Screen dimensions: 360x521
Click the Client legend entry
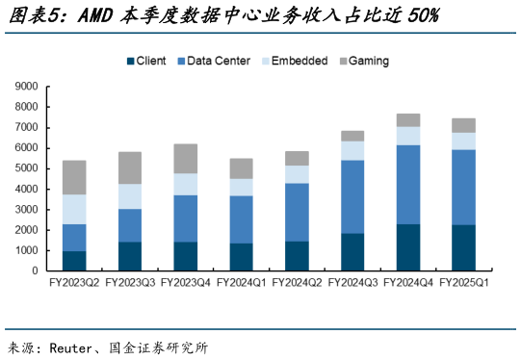pos(145,61)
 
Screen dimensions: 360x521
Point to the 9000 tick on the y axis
pos(25,87)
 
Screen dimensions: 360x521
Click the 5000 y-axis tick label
pos(25,168)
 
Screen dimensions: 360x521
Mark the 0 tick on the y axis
pos(34,271)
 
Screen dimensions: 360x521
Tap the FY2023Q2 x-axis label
pos(74,283)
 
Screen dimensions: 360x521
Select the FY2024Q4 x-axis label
pos(409,283)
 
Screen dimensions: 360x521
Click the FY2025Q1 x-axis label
pos(465,283)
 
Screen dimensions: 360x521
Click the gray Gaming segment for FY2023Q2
pos(74,177)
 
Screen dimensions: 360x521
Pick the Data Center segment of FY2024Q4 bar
pos(409,184)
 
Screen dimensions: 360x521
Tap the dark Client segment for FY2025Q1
pos(465,247)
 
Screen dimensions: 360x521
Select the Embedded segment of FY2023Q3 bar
pos(130,196)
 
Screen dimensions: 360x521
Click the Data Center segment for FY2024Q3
pos(353,196)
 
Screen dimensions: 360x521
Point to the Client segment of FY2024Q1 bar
pos(242,257)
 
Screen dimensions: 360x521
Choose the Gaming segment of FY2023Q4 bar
pos(186,159)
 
